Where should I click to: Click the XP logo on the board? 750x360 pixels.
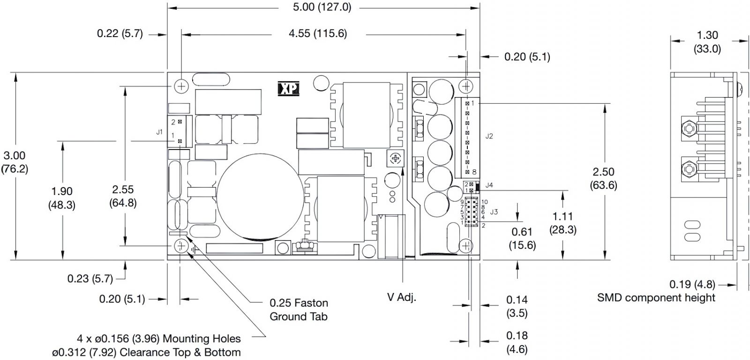click(288, 89)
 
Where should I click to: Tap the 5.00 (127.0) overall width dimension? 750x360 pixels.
click(322, 7)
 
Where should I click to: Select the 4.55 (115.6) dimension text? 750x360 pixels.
click(318, 33)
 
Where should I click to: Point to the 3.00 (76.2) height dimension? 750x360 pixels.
click(15, 162)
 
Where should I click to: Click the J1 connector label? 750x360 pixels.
click(159, 132)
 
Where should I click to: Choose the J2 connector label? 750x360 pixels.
click(489, 136)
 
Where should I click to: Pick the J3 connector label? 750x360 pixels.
click(494, 212)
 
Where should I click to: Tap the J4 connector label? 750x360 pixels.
click(489, 185)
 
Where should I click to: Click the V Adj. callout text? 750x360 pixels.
click(401, 297)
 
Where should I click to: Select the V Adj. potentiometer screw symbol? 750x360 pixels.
click(396, 158)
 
